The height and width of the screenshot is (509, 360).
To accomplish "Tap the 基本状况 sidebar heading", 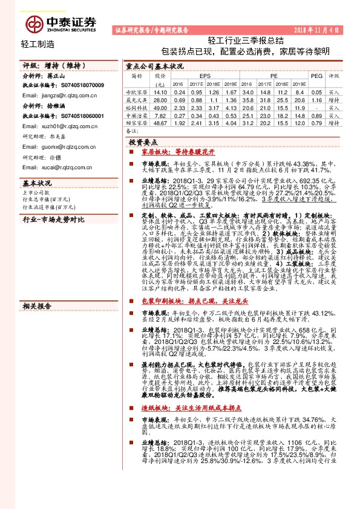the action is point(36,183).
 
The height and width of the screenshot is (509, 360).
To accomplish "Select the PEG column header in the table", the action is point(316,76).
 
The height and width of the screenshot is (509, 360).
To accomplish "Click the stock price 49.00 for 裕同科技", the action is point(160,106).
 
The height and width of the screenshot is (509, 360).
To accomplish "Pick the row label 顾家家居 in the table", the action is point(135,123).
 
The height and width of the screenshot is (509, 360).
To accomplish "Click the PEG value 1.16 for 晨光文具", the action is point(316,99).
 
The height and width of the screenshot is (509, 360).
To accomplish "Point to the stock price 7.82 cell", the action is point(160,115).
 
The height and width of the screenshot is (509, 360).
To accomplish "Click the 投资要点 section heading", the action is point(141,141).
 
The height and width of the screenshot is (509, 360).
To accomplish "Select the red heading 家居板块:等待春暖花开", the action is point(173,154).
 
